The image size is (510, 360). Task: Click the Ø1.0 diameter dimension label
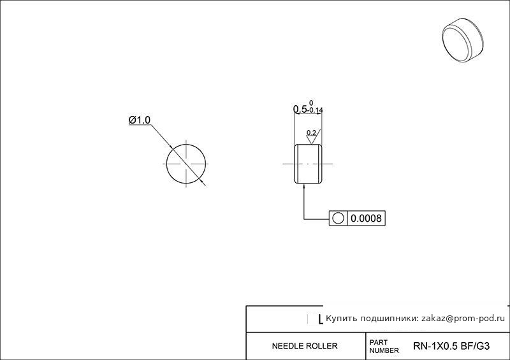tap(140, 120)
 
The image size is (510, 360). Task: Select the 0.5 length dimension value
tap(300, 109)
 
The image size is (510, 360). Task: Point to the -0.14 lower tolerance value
tap(315, 110)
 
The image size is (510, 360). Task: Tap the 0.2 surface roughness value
tap(311, 133)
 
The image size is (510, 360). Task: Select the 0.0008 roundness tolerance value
tap(366, 218)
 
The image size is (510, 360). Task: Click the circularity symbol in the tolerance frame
tap(339, 218)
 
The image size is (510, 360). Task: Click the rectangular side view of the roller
tap(309, 164)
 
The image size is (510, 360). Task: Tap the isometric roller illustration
tap(463, 40)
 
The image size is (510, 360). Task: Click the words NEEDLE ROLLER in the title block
tap(305, 346)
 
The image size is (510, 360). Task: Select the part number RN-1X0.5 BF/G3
tap(451, 346)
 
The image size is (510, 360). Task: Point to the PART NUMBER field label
tap(384, 347)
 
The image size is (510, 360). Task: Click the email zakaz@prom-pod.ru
tap(463, 319)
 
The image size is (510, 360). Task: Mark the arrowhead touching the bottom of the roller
tap(304, 186)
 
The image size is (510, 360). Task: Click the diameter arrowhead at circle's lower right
tap(203, 182)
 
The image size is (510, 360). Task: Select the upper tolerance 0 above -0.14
tap(311, 103)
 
